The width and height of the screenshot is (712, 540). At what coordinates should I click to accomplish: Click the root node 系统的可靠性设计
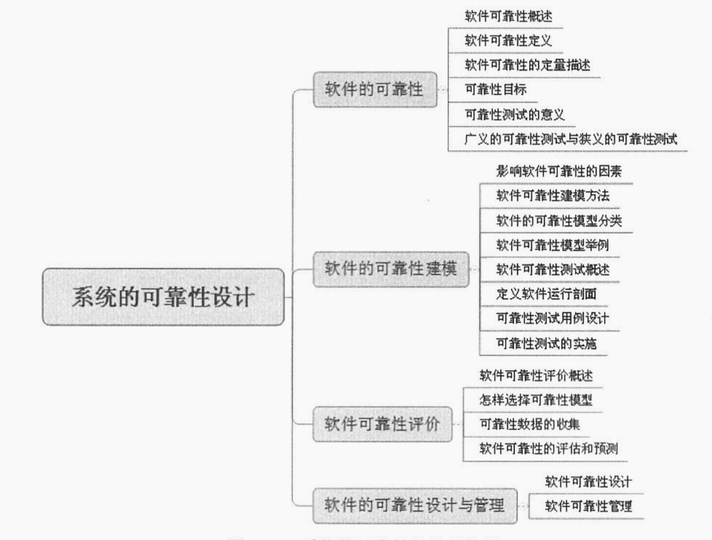[x=163, y=297]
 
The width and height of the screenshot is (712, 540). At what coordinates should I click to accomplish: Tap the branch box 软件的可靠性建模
[x=391, y=270]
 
